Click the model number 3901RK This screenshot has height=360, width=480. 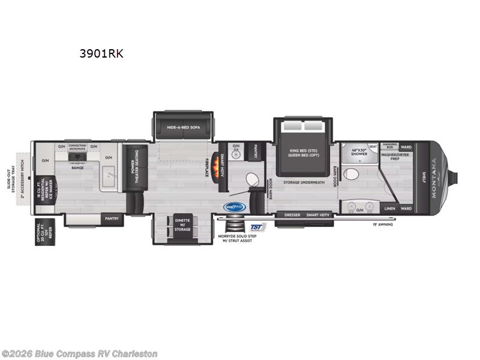click(101, 53)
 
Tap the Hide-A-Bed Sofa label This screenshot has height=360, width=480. click(182, 127)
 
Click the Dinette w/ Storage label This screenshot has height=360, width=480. click(182, 225)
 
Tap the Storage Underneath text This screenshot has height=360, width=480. click(304, 182)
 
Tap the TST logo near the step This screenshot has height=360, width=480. click(257, 227)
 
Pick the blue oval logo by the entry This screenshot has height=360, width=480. click(234, 207)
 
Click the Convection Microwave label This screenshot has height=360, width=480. click(77, 146)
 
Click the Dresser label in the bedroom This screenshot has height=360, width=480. click(292, 214)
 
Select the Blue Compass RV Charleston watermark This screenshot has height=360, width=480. click(80, 353)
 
